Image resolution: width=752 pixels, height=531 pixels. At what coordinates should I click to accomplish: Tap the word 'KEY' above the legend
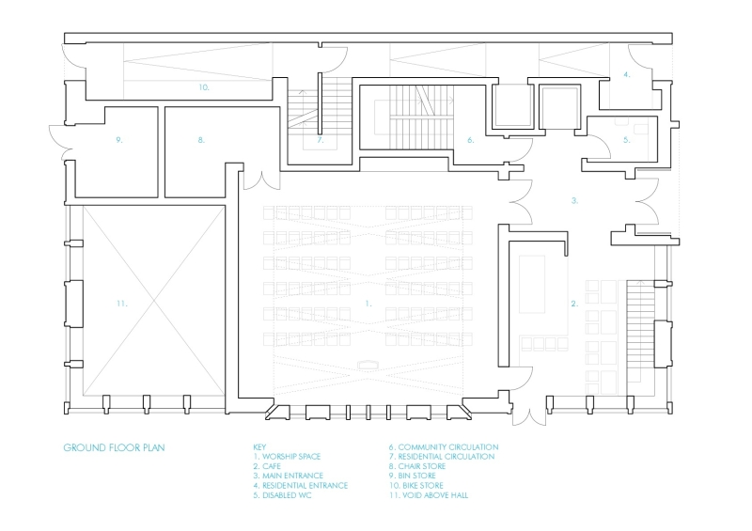click(260, 447)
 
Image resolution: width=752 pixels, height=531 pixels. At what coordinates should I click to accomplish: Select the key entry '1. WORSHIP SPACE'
click(287, 457)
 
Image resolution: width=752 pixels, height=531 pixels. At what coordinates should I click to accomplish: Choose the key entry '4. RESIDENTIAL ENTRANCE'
click(301, 485)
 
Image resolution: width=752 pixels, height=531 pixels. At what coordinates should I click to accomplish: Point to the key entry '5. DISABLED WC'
click(283, 495)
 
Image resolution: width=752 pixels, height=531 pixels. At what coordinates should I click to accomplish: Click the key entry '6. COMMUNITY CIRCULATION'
click(444, 447)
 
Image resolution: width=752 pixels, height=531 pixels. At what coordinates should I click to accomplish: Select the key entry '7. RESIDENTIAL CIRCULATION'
click(442, 457)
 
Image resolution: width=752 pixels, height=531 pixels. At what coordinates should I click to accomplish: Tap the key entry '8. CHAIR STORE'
click(421, 466)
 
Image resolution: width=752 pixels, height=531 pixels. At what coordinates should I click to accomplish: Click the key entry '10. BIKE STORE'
click(420, 485)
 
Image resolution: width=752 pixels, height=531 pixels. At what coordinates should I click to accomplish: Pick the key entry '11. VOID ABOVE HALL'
click(429, 495)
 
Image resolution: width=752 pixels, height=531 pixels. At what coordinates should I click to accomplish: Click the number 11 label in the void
click(123, 304)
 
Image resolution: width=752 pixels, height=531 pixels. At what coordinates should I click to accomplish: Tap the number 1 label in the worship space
click(368, 304)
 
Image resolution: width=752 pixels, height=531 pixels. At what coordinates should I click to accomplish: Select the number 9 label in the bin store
click(120, 140)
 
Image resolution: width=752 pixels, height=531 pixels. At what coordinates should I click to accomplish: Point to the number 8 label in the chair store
click(201, 140)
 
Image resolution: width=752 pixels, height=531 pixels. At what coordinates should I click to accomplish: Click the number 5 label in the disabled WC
click(626, 140)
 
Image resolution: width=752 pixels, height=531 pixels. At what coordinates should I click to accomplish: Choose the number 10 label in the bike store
click(203, 86)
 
